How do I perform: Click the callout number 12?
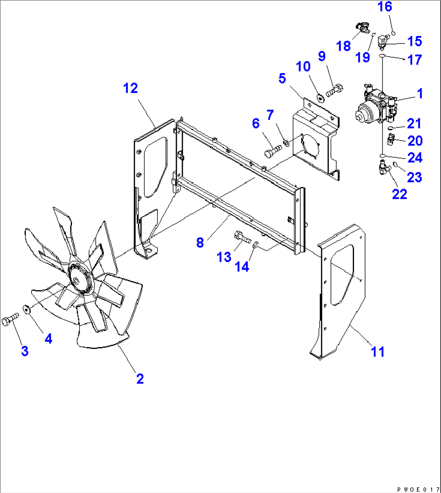(130, 88)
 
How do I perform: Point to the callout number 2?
(140, 379)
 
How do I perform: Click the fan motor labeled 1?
(375, 107)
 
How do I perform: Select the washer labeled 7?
(286, 142)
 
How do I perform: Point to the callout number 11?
(378, 351)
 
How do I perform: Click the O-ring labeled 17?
(382, 56)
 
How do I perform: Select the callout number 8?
(200, 243)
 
